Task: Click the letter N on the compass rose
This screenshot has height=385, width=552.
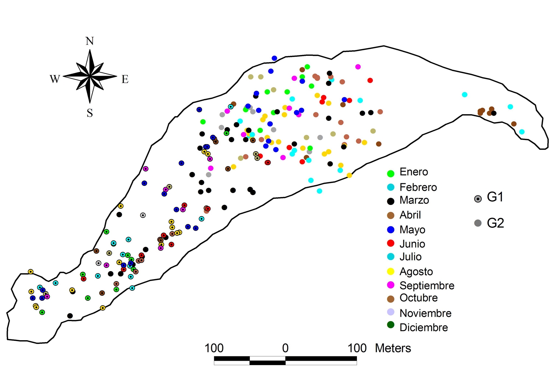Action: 90,41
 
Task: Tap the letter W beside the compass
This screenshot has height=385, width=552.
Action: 55,79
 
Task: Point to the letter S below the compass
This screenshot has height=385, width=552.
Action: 90,113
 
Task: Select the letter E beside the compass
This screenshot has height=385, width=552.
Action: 125,79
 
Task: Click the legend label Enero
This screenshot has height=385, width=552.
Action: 414,172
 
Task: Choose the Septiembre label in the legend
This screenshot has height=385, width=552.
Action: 427,285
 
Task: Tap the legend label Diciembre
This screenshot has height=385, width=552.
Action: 424,327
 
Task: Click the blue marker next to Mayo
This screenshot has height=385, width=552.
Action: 391,230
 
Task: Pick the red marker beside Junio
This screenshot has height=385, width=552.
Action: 391,243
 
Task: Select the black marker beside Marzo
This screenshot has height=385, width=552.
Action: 391,201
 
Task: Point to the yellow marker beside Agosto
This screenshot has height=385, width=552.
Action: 391,271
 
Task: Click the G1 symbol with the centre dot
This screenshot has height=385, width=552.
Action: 478,199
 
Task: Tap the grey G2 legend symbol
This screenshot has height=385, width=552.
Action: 478,223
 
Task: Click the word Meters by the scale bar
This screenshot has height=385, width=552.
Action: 393,348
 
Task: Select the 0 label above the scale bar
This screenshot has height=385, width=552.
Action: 285,348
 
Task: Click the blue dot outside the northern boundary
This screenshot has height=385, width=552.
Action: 274,58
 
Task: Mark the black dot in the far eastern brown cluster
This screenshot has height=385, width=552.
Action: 493,113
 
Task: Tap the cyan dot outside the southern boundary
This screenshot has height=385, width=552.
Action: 319,191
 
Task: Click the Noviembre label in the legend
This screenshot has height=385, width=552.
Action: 425,313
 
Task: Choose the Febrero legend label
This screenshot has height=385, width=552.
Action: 418,187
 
